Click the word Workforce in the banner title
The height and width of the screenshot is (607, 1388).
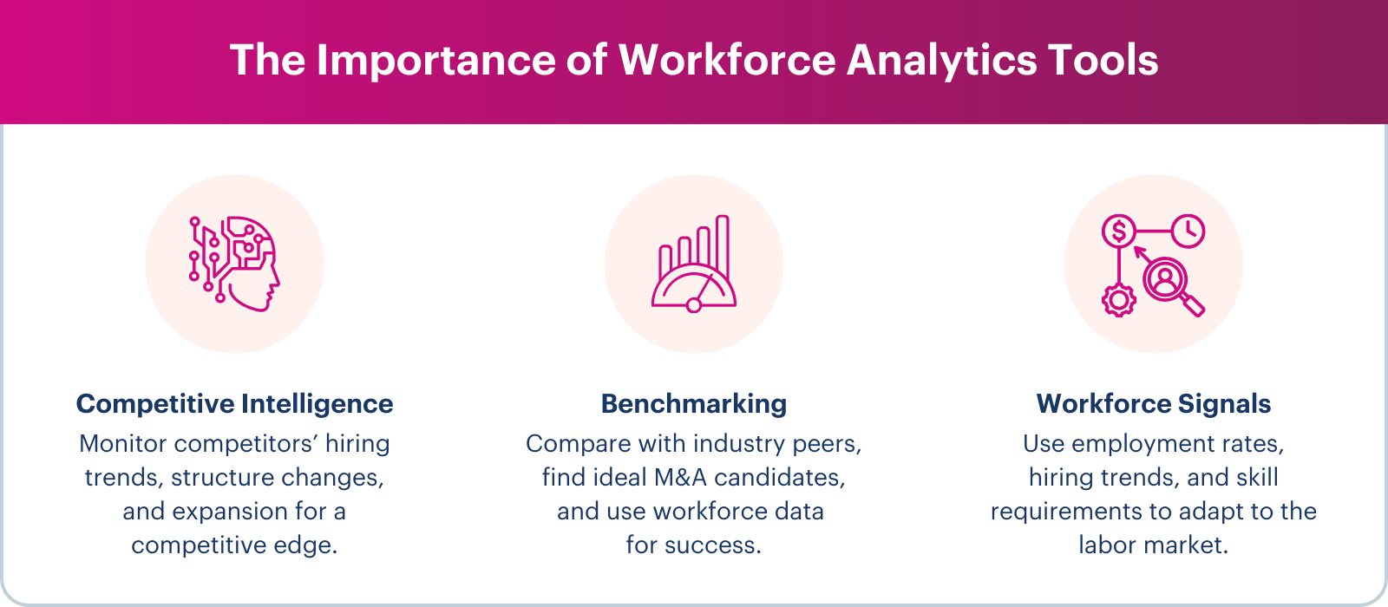coord(727,60)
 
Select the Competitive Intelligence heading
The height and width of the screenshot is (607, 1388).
coord(234,404)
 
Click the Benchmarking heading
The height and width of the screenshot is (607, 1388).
coord(694,404)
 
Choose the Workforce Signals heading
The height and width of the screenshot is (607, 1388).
coord(1154,404)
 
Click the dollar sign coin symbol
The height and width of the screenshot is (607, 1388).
coord(1118,231)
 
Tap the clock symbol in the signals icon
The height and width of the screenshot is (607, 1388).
coord(1188,231)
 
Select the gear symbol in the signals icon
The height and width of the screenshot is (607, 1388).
coord(1118,300)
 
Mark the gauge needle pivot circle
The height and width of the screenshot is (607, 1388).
coord(694,304)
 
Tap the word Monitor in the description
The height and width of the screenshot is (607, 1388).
coord(122,444)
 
